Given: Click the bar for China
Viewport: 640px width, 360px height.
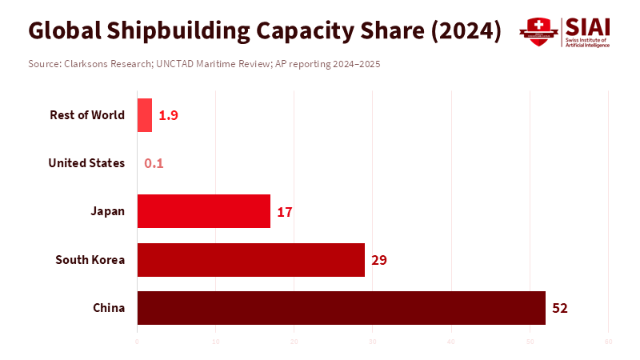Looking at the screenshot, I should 342,308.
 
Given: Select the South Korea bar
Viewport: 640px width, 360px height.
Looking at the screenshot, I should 251,260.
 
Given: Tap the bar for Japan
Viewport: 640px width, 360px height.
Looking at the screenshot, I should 204,211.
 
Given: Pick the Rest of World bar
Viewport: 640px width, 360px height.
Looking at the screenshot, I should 145,115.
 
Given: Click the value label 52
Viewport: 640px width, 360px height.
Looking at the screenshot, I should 560,308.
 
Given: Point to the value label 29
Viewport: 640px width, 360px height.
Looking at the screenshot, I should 379,260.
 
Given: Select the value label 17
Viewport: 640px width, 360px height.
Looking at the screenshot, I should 285,212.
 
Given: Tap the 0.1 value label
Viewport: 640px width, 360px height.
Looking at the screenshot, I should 154,163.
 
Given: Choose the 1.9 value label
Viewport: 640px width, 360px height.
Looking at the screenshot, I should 168,115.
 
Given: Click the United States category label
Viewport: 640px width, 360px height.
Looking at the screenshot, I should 86,163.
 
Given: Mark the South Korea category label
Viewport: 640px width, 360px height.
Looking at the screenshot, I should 90,259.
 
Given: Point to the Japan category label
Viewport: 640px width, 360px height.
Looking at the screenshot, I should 108,211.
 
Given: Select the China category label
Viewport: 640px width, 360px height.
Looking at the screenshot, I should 109,307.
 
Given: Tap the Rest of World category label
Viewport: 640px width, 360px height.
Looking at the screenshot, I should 87,115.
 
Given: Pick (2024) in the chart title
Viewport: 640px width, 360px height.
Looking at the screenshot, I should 466,30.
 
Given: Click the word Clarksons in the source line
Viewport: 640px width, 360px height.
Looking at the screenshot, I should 89,63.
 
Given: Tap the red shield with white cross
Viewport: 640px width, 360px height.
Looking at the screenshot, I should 538,32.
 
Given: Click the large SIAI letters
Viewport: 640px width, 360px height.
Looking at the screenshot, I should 587,26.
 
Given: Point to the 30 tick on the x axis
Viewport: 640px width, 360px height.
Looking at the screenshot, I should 373,342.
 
